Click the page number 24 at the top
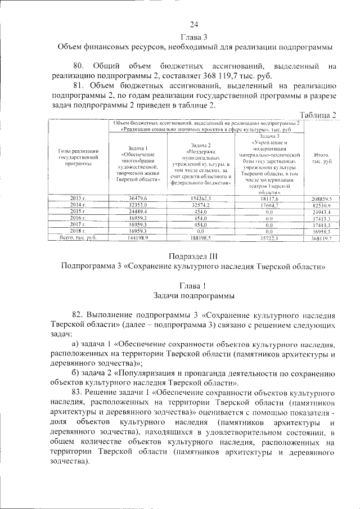tap(194, 24)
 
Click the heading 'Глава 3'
tap(194, 37)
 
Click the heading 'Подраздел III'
tap(193, 256)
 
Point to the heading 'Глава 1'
tap(193, 286)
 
